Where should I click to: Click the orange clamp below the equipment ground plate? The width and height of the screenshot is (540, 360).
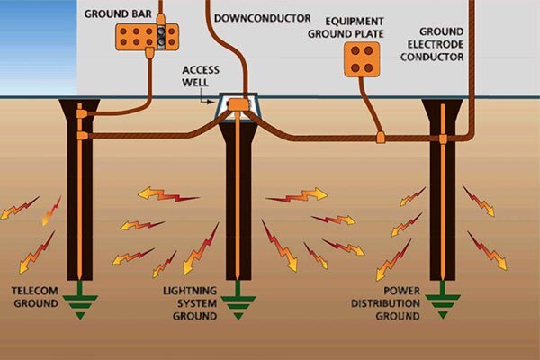tap(381, 138)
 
